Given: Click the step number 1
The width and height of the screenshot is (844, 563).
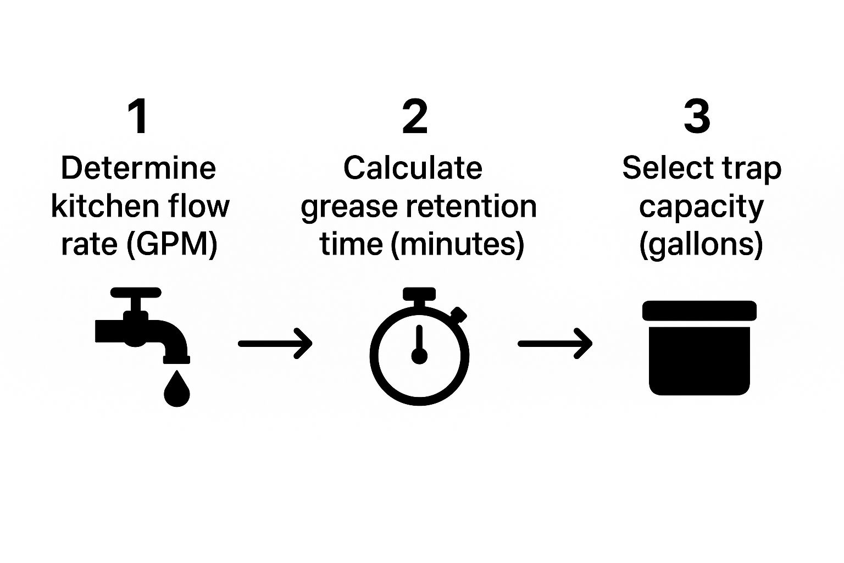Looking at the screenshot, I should pyautogui.click(x=138, y=117).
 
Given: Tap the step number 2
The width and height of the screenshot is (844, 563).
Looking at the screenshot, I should pyautogui.click(x=415, y=117).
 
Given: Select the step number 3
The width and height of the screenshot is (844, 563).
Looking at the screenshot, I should pyautogui.click(x=697, y=117).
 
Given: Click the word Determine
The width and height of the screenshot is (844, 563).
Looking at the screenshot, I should pyautogui.click(x=138, y=168).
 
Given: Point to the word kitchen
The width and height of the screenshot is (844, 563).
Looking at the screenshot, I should pyautogui.click(x=92, y=206).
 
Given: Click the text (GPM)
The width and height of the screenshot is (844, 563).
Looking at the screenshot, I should pyautogui.click(x=172, y=244).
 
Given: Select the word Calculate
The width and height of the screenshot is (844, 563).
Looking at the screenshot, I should pyautogui.click(x=413, y=168).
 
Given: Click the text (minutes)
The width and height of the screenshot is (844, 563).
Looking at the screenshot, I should pyautogui.click(x=457, y=244).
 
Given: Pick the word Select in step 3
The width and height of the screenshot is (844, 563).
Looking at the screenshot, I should pyautogui.click(x=656, y=168).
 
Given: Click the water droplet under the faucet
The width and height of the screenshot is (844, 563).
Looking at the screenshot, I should pyautogui.click(x=176, y=391).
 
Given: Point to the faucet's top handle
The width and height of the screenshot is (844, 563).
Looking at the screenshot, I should pyautogui.click(x=136, y=292).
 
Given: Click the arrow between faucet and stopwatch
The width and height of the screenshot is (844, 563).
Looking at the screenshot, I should pyautogui.click(x=275, y=344).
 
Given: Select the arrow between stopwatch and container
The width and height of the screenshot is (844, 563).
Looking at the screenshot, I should pyautogui.click(x=555, y=344).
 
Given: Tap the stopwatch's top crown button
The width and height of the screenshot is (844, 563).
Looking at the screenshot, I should pyautogui.click(x=419, y=294).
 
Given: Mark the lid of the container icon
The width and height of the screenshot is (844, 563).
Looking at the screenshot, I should pyautogui.click(x=699, y=311).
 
